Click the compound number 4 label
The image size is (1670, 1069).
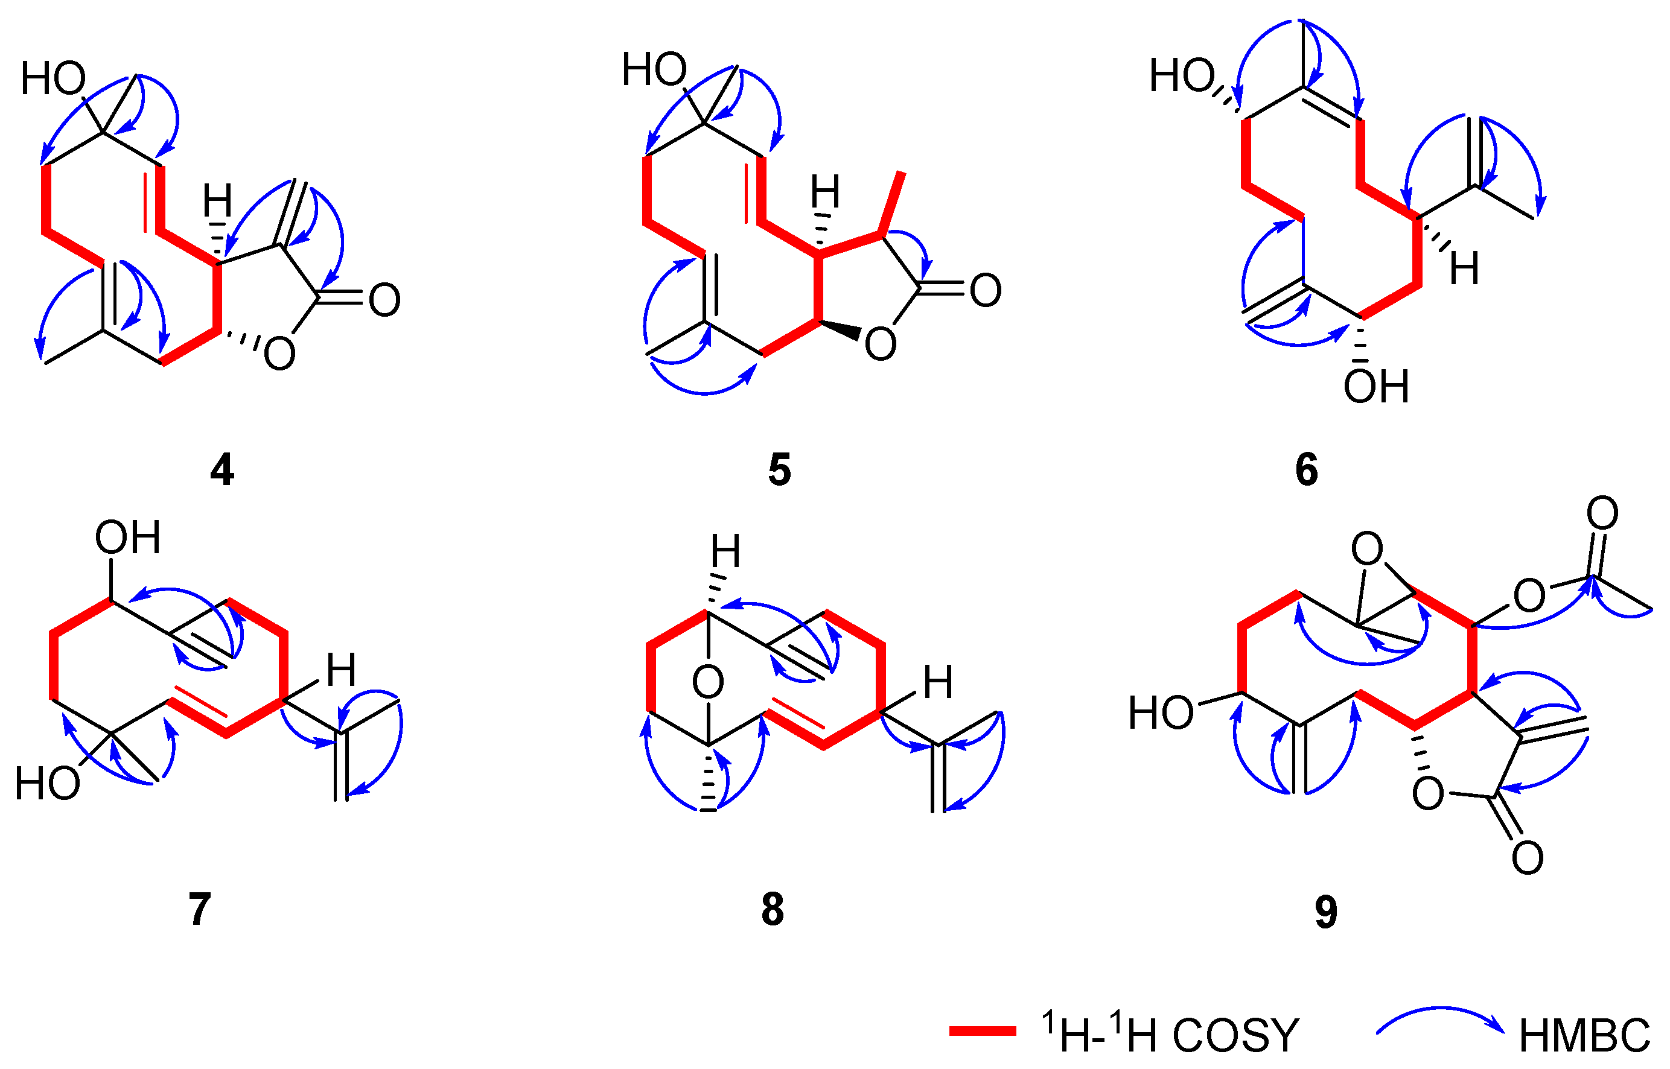(x=221, y=470)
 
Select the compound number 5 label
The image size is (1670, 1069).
(x=779, y=470)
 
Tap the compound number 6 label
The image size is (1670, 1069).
(x=1306, y=470)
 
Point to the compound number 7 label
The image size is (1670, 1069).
(x=199, y=909)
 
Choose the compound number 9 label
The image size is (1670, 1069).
(x=1325, y=912)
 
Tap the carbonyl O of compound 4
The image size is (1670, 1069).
(x=384, y=300)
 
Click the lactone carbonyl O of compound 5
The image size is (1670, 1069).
(x=986, y=290)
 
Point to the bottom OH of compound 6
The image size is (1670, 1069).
(x=1375, y=387)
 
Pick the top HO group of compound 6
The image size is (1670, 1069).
(x=1182, y=75)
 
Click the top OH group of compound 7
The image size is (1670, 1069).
(x=128, y=538)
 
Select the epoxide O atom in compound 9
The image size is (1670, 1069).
(x=1366, y=549)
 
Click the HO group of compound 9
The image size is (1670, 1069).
(x=1161, y=713)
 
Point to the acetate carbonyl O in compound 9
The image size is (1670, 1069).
(x=1602, y=513)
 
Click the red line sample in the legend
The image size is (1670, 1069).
(x=982, y=1032)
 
